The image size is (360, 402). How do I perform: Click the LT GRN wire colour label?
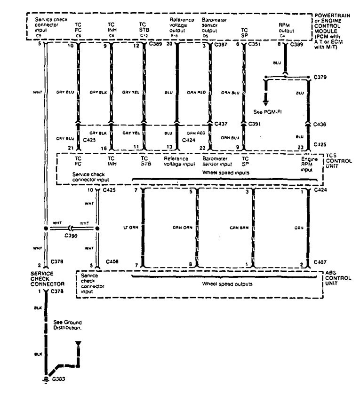tap(129, 227)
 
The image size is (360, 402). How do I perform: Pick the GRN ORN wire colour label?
tap(183, 227)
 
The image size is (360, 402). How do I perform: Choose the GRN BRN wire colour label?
tap(239, 227)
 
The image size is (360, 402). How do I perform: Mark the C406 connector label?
tap(112, 261)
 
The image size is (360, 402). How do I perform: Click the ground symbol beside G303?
tap(45, 380)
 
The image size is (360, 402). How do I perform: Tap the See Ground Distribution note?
tap(67, 324)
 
